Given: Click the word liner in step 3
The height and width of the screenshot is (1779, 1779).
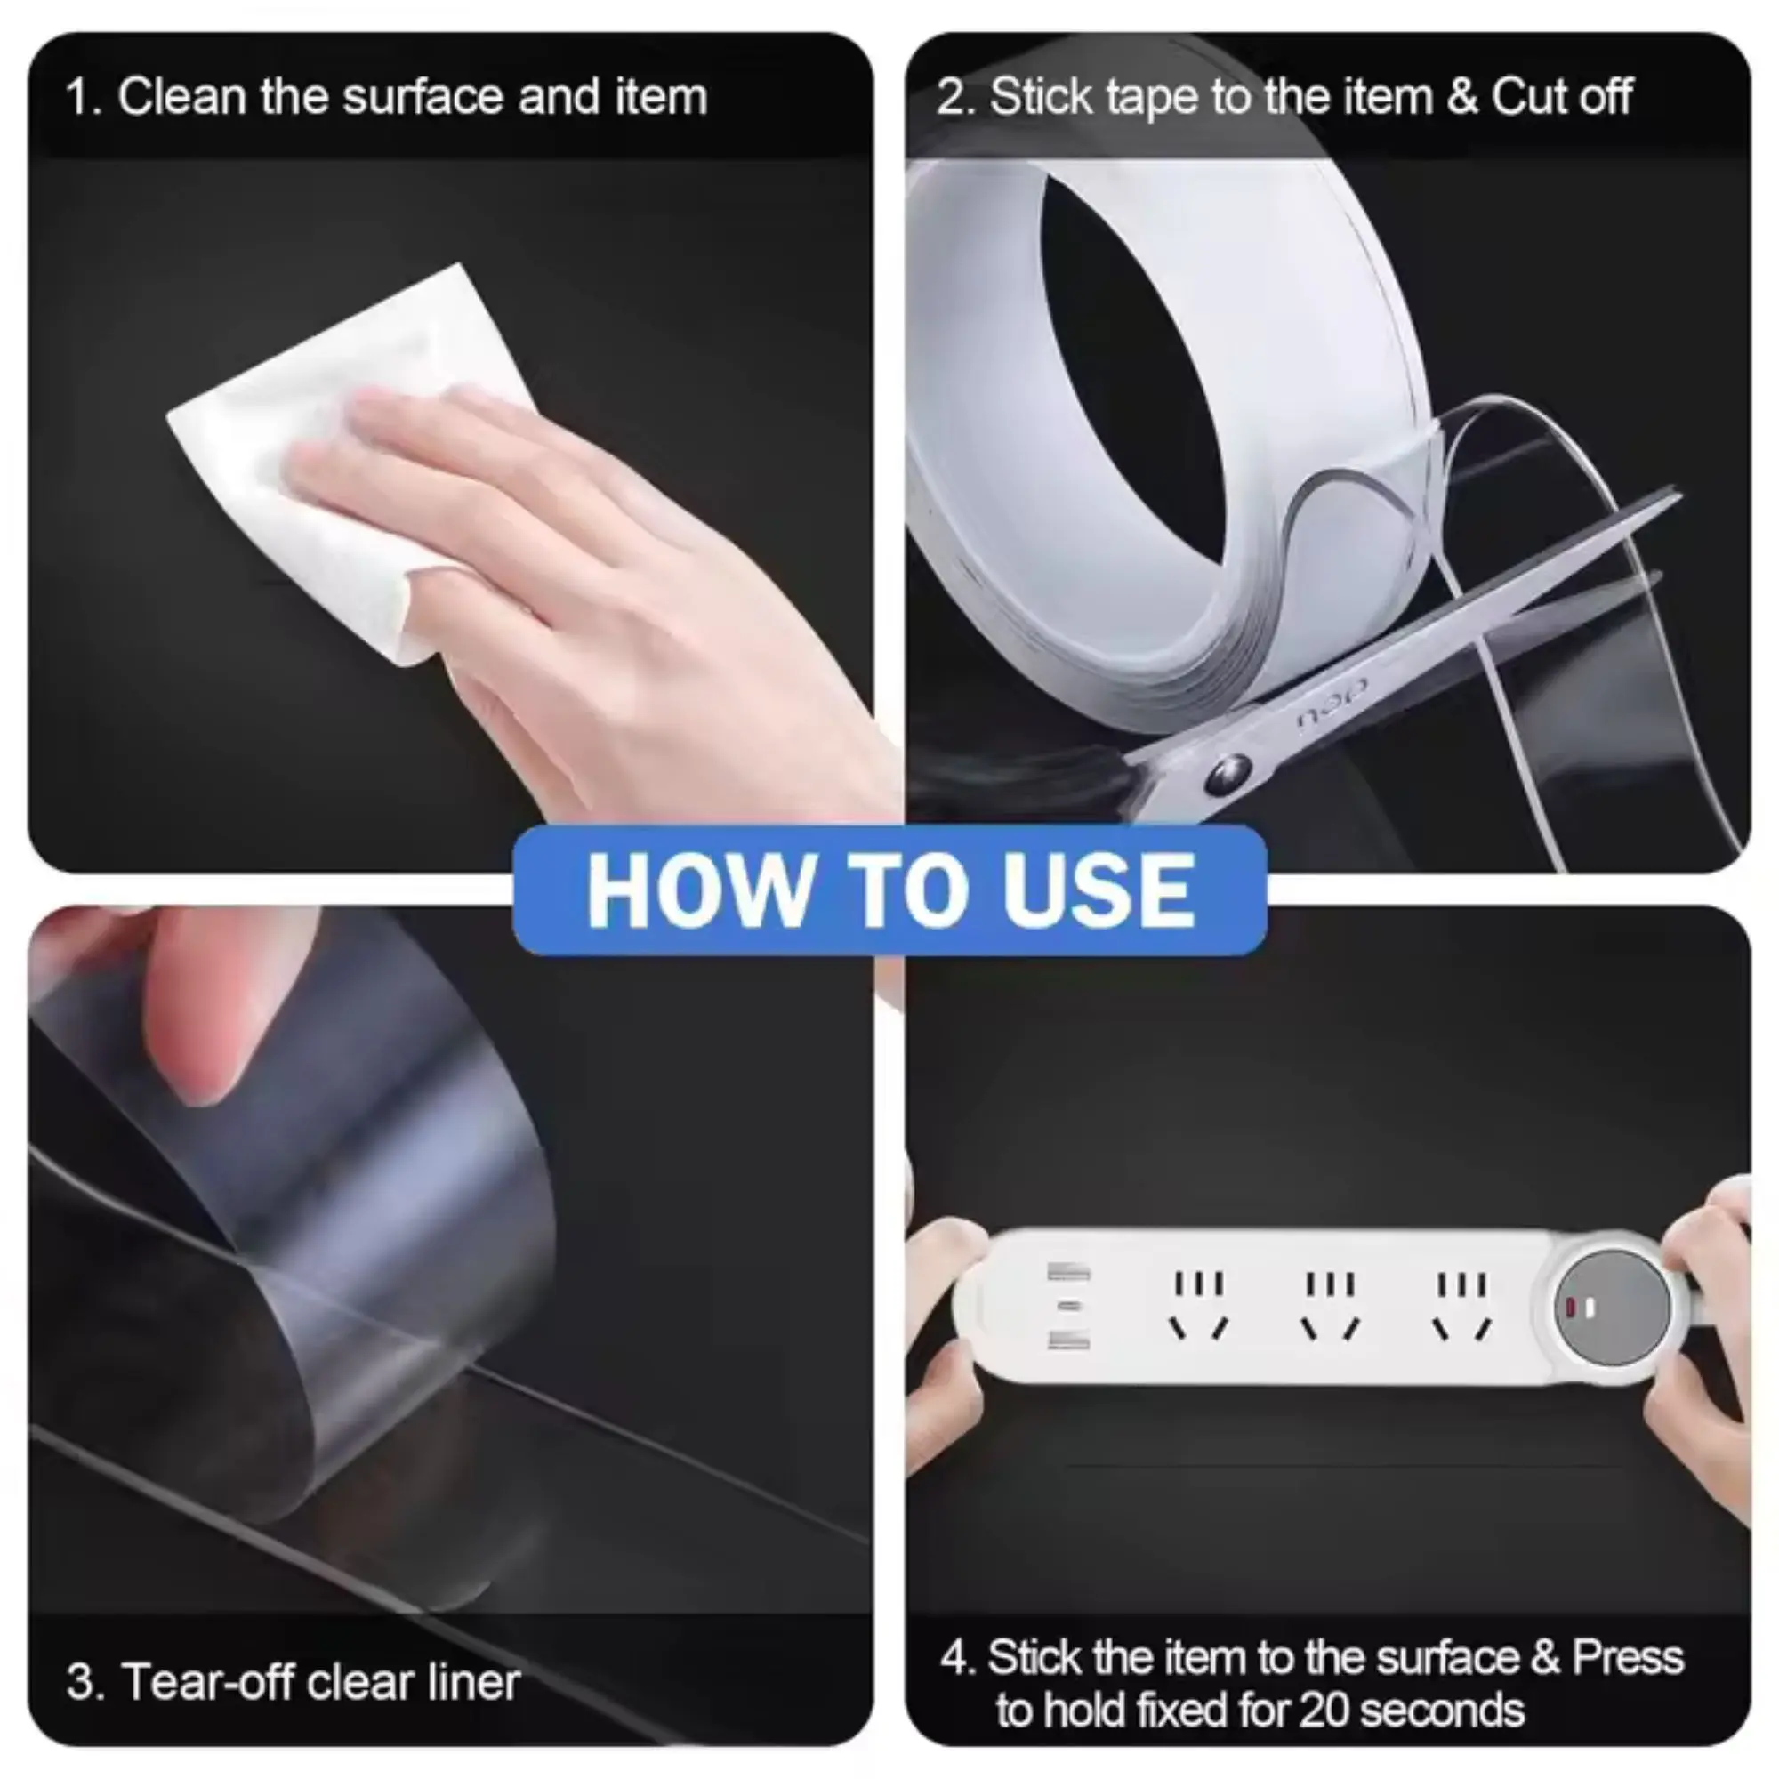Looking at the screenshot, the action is click(473, 1681).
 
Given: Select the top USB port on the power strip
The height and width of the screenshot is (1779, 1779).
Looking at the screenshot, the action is click(1068, 1273).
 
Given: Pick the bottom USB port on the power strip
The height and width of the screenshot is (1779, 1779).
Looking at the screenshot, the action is click(1068, 1342).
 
